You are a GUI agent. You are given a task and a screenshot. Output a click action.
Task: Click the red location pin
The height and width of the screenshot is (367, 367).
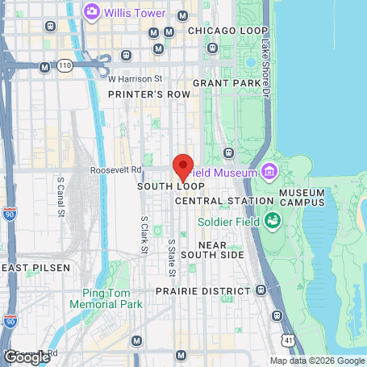tap(183, 166)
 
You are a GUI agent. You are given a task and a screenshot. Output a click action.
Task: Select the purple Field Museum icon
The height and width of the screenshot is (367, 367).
tap(268, 172)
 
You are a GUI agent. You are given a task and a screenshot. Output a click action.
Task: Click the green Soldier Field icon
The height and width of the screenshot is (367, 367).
tap(273, 219)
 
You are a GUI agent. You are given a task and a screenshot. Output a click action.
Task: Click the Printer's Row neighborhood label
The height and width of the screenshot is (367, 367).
tap(149, 94)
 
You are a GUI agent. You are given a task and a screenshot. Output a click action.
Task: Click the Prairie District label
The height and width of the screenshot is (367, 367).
tap(202, 290)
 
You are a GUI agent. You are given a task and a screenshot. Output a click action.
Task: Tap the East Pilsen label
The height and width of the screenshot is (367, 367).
tap(35, 267)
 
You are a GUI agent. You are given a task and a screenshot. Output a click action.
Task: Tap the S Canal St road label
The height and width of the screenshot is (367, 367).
tap(60, 201)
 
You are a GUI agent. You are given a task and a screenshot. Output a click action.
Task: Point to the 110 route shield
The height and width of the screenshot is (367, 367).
tap(65, 64)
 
